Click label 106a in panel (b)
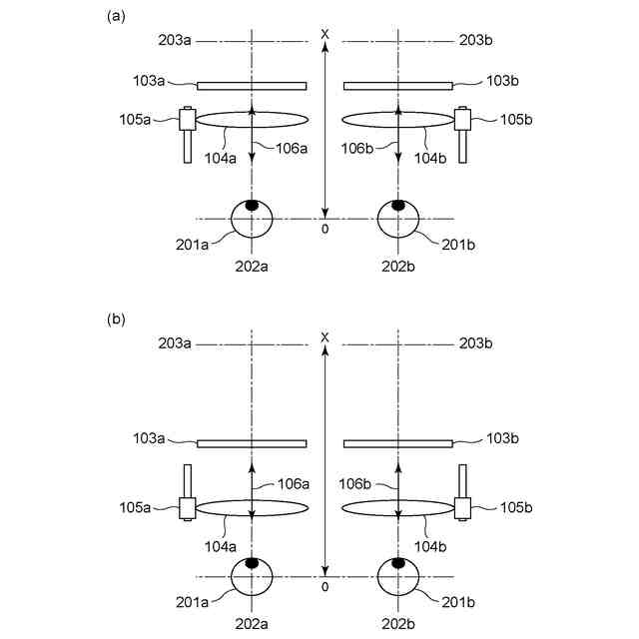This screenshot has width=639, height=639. click(294, 484)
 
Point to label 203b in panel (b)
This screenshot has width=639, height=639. click(475, 344)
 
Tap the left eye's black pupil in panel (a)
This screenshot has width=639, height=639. click(252, 206)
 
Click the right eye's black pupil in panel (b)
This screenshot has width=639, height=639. click(398, 564)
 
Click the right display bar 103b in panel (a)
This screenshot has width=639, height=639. click(398, 85)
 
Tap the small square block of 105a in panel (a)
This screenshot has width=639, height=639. click(187, 120)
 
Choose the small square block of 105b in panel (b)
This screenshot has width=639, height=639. click(462, 508)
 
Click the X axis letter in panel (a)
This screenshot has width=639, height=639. click(324, 34)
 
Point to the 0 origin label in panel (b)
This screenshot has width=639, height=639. click(324, 587)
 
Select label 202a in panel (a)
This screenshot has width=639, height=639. click(252, 268)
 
